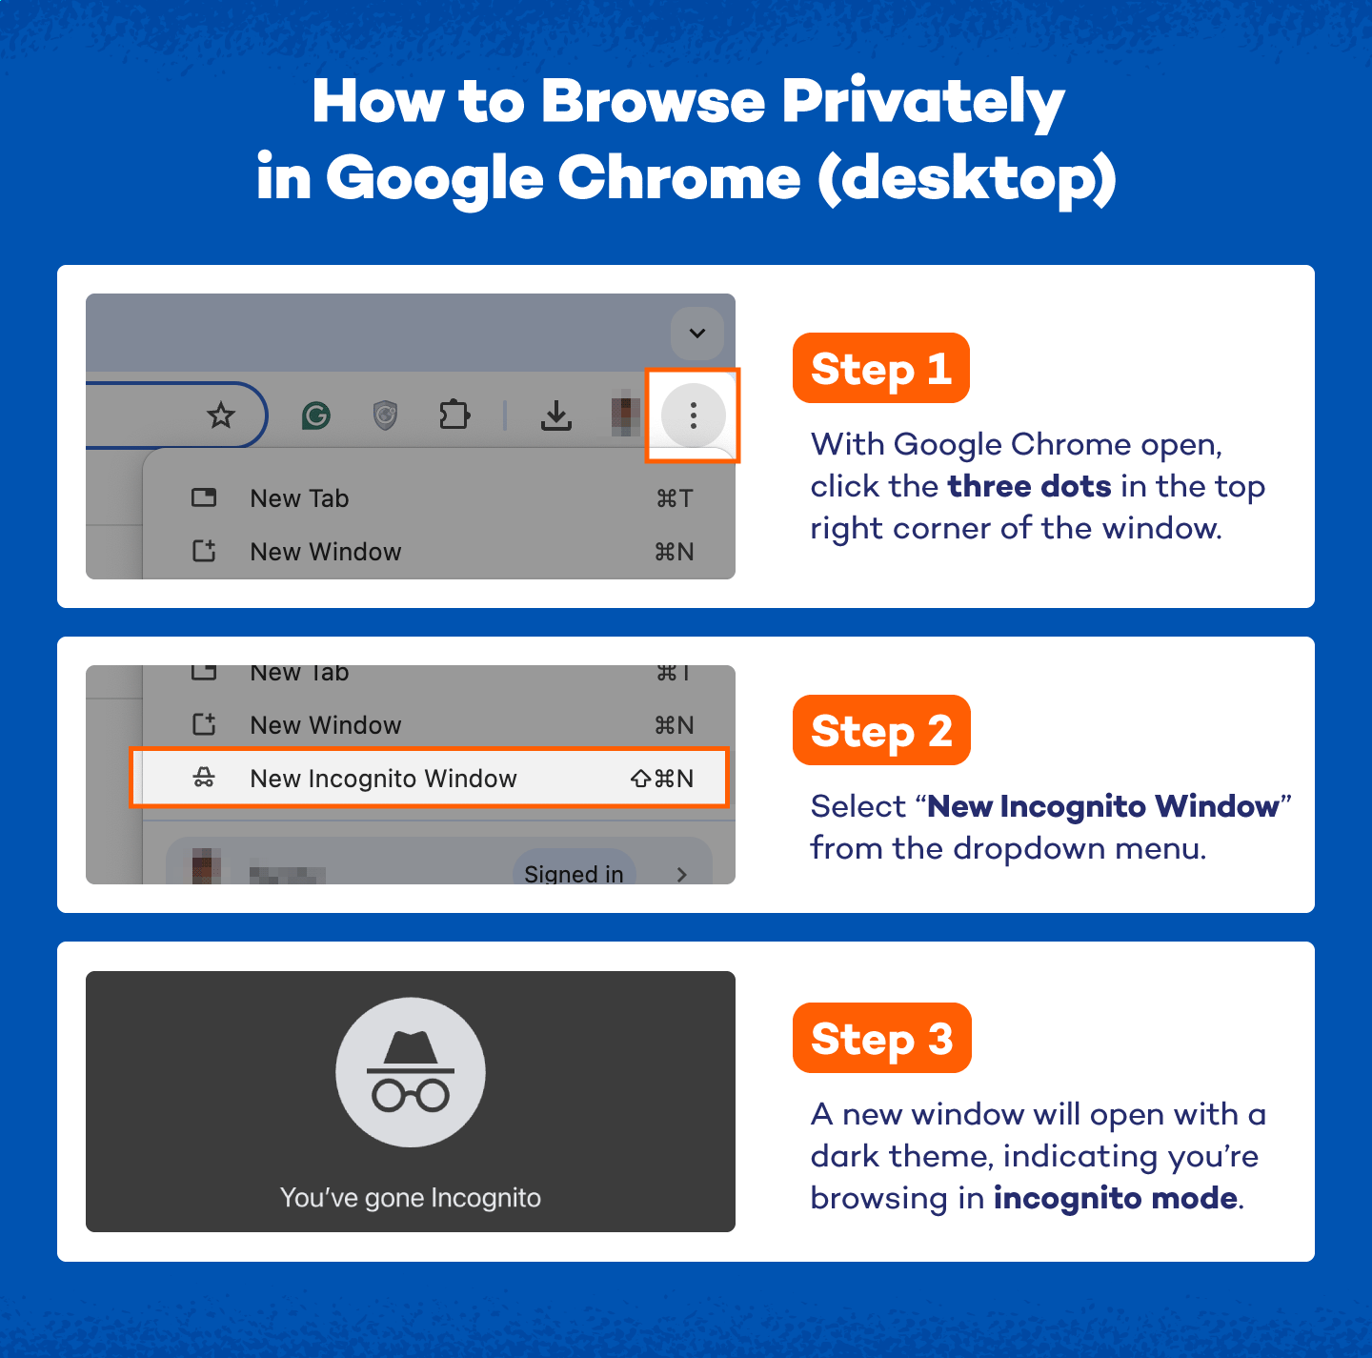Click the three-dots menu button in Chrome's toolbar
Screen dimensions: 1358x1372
coord(693,416)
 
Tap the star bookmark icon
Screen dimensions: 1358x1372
coord(221,415)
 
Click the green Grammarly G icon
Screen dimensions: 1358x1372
coord(316,416)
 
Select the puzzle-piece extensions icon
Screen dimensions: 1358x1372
coord(454,416)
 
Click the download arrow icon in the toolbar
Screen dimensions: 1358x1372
coord(556,416)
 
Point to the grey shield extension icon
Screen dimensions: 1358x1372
coord(385,416)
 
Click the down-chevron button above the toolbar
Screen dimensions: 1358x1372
coord(697,334)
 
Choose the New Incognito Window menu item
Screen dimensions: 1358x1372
coord(383,779)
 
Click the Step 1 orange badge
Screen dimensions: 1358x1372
coord(880,369)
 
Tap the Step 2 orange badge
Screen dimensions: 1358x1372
coord(881,731)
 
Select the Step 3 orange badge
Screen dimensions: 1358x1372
coord(881,1039)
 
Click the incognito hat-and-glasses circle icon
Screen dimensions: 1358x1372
coord(411,1072)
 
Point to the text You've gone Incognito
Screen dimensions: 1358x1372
coord(411,1198)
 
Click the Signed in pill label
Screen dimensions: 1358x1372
coord(574,872)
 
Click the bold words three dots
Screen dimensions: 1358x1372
coord(1029,486)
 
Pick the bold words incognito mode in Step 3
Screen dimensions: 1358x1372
coord(1115,1198)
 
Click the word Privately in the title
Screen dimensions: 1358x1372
coord(922,102)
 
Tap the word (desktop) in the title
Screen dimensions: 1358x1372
coord(966,178)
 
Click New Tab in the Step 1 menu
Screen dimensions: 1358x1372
coord(299,498)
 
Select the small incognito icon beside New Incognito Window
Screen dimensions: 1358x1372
coord(204,779)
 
